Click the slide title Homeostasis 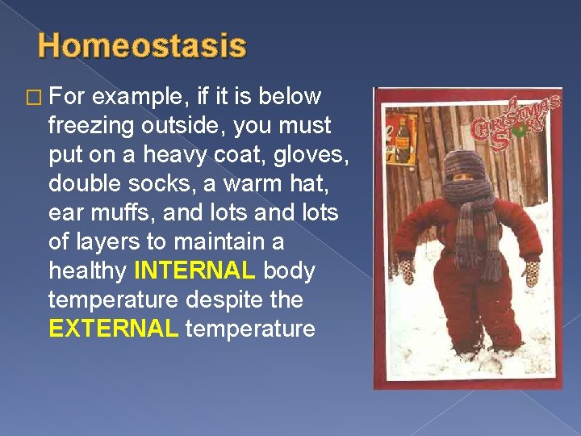point(142,46)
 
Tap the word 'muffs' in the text point(115,213)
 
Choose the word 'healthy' point(90,271)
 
